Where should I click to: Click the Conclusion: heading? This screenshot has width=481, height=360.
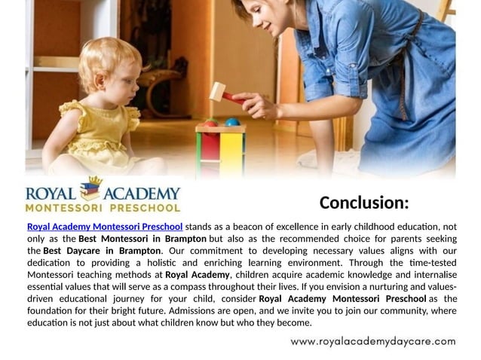pyautogui.click(x=363, y=203)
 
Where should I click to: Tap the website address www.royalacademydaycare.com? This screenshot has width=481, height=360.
pyautogui.click(x=373, y=341)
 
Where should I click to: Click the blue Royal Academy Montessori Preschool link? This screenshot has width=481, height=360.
pyautogui.click(x=105, y=227)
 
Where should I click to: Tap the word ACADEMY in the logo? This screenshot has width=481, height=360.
pyautogui.click(x=141, y=191)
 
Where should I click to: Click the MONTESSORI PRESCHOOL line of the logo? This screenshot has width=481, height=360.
pyautogui.click(x=103, y=206)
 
